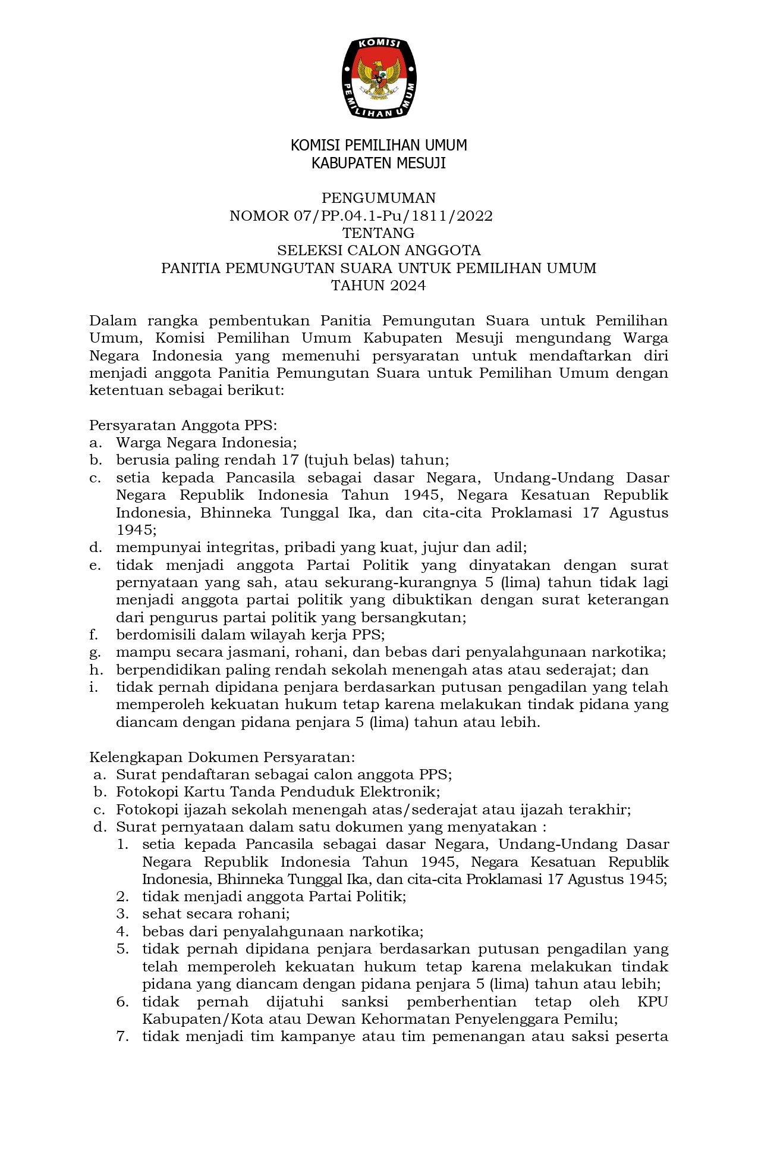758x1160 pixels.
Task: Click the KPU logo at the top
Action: pyautogui.click(x=379, y=78)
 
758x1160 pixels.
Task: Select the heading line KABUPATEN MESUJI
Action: pyautogui.click(x=379, y=163)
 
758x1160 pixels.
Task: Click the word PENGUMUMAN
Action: pyautogui.click(x=379, y=198)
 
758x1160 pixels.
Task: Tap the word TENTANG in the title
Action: pyautogui.click(x=379, y=233)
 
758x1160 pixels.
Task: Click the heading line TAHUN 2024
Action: pyautogui.click(x=379, y=286)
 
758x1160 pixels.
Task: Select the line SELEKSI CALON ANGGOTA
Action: pyautogui.click(x=379, y=250)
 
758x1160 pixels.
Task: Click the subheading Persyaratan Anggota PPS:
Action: pyautogui.click(x=183, y=425)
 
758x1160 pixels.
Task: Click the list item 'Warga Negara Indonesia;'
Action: pyautogui.click(x=206, y=443)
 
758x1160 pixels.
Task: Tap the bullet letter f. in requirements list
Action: pyautogui.click(x=94, y=635)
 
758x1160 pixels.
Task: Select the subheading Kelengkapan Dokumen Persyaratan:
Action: pyautogui.click(x=222, y=758)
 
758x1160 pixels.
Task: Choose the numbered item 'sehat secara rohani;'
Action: pyautogui.click(x=216, y=914)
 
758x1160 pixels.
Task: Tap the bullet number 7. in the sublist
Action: pyautogui.click(x=122, y=1037)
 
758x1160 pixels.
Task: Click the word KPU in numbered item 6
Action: pyautogui.click(x=652, y=1002)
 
